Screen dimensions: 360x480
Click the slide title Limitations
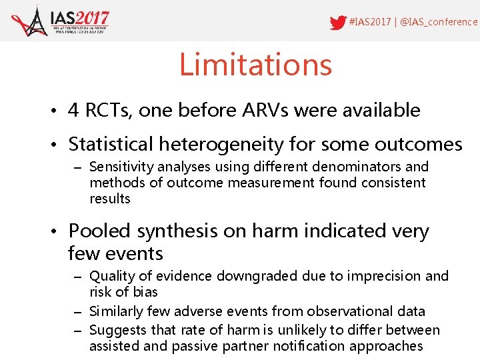tap(255, 65)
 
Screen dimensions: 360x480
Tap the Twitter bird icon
tap(338, 23)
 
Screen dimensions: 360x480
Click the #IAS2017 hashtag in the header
tap(370, 22)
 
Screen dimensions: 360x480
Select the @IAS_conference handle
tap(438, 22)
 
